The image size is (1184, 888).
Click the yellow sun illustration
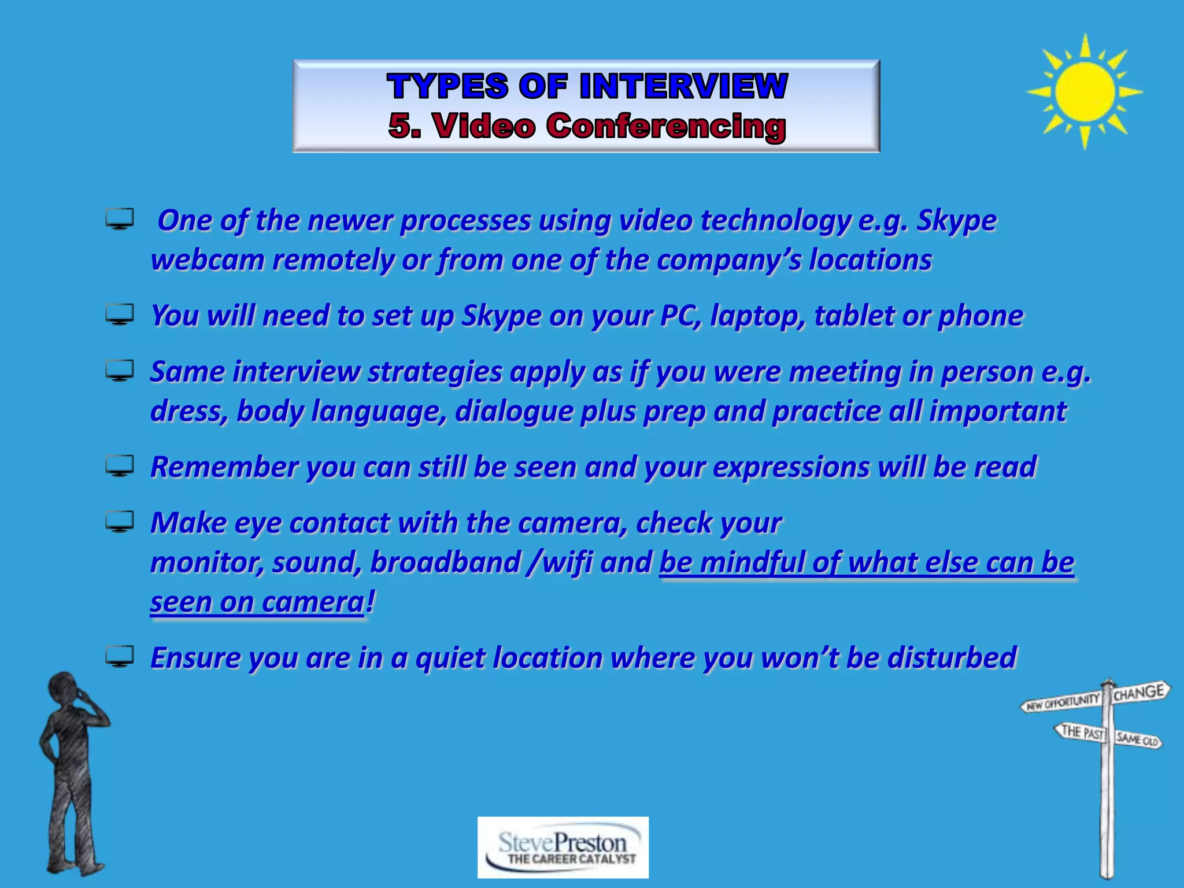tap(1085, 91)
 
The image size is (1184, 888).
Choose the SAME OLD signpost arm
tap(1137, 739)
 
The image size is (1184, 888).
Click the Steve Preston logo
tap(563, 847)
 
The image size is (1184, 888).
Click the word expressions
tap(790, 467)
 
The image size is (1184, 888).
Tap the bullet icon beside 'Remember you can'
tap(120, 465)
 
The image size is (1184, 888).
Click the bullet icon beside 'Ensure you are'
tap(120, 657)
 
